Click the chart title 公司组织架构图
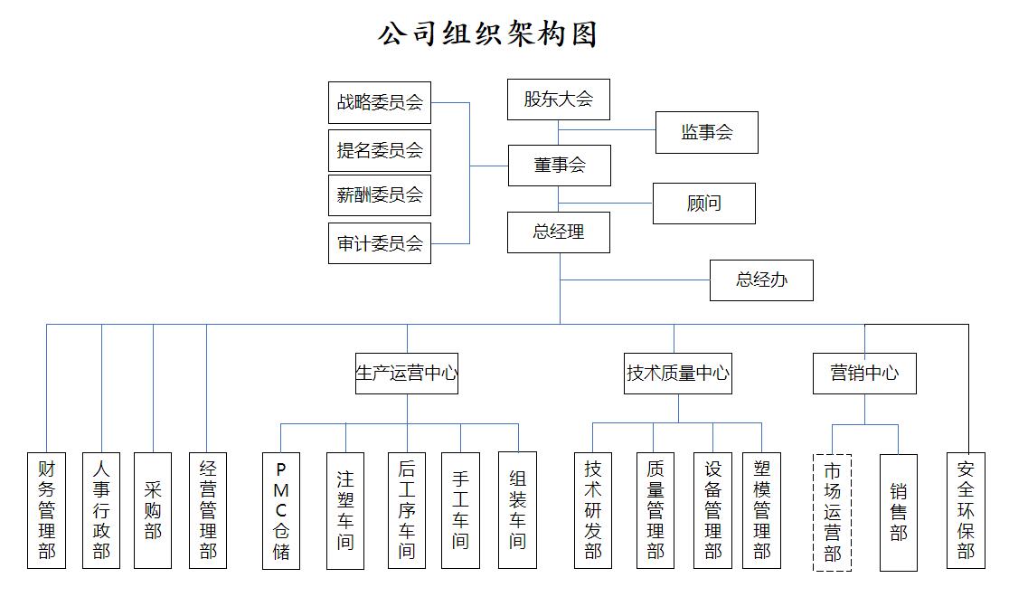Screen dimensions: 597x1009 [x=488, y=34]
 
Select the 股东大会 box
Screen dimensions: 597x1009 [x=558, y=99]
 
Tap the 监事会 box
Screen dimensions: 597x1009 [x=706, y=133]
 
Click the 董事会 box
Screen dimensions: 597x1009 [x=559, y=166]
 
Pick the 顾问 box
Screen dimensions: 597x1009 [x=703, y=204]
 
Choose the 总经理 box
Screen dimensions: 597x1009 [x=558, y=232]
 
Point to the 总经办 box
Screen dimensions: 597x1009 [x=761, y=280]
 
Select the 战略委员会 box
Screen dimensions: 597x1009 [x=380, y=102]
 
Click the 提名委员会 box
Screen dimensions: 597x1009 [x=380, y=150]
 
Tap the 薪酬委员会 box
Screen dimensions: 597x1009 [x=380, y=195]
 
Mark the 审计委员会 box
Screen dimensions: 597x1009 [x=380, y=243]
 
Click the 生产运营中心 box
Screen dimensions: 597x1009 [x=407, y=373]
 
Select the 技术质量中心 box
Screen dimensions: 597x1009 [x=678, y=373]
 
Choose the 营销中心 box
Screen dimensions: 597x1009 [x=864, y=373]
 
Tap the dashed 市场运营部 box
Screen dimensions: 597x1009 [x=833, y=512]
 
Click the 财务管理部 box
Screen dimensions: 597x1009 [x=47, y=510]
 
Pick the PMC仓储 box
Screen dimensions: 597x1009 [x=281, y=511]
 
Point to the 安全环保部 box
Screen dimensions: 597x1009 [x=966, y=510]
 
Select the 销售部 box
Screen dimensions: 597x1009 [x=898, y=512]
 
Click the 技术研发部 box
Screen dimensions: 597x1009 [x=593, y=510]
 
